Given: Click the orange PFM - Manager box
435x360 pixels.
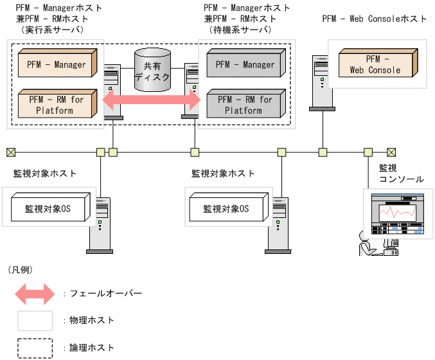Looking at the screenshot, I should point(57,64).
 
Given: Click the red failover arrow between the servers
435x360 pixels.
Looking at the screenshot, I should point(152,100).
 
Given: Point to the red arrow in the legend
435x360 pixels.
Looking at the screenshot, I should point(35,293).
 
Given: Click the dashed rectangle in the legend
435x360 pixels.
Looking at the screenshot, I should point(35,348).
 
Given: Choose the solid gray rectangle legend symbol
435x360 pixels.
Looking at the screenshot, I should point(35,320).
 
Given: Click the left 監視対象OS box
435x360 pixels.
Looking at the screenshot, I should point(49,208).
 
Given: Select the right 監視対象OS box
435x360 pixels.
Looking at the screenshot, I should point(227,208).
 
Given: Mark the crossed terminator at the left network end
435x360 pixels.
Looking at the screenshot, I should point(11,152).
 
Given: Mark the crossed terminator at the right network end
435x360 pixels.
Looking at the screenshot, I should point(391,152).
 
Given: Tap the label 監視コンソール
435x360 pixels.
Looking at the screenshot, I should point(401,173).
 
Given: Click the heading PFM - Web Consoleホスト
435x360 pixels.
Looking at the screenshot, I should point(375,19).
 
